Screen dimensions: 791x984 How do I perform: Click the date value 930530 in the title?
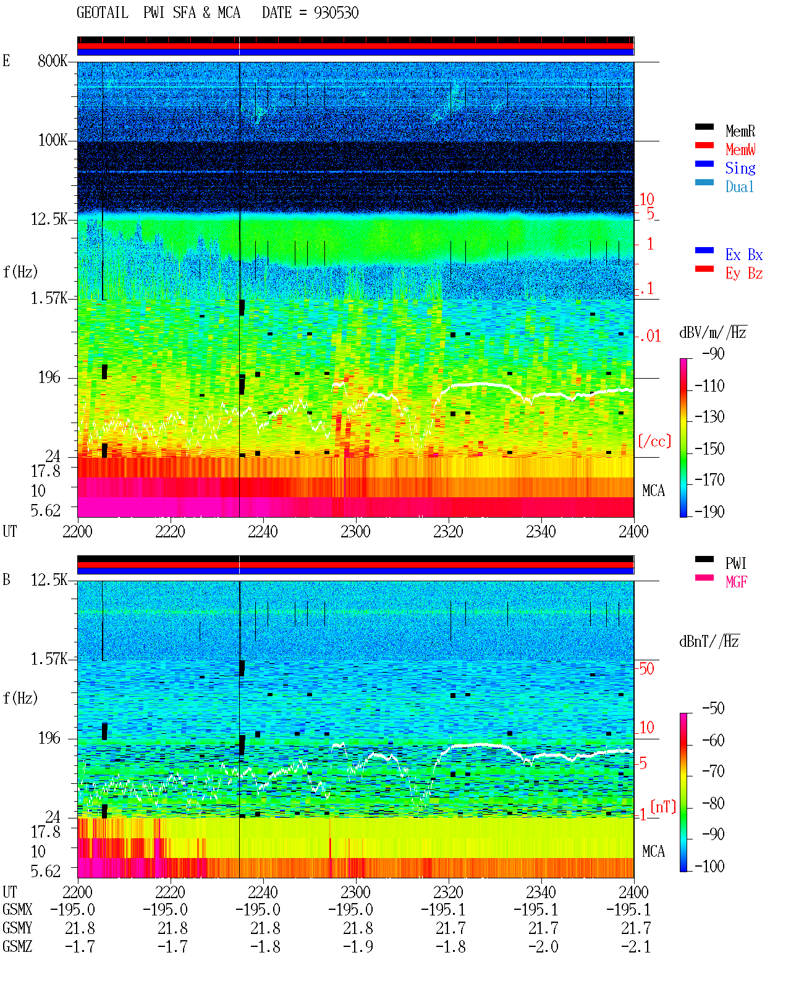[336, 12]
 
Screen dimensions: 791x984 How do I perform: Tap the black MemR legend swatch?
[704, 127]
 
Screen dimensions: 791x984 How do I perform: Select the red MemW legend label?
[740, 149]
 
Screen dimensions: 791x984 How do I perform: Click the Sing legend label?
[740, 168]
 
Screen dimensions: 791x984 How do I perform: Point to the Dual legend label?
[739, 187]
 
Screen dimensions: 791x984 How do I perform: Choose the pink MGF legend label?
[736, 582]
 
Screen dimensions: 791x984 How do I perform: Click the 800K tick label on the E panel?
[53, 61]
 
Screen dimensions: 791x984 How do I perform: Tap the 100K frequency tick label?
[53, 140]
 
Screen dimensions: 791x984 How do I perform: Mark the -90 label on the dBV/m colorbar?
[713, 353]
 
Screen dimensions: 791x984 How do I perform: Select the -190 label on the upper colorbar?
[709, 511]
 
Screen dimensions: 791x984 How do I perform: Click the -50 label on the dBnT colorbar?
[713, 709]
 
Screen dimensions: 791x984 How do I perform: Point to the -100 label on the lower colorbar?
[709, 866]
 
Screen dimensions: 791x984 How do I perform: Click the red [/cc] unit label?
[654, 441]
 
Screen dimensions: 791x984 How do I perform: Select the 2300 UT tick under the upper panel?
[355, 531]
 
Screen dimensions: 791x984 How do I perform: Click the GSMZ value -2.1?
[636, 946]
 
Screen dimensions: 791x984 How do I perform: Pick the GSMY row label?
[17, 928]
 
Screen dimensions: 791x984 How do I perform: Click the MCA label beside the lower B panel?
[653, 851]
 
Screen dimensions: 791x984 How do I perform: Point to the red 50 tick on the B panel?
[646, 669]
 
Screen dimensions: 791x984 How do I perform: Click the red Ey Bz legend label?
[744, 274]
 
